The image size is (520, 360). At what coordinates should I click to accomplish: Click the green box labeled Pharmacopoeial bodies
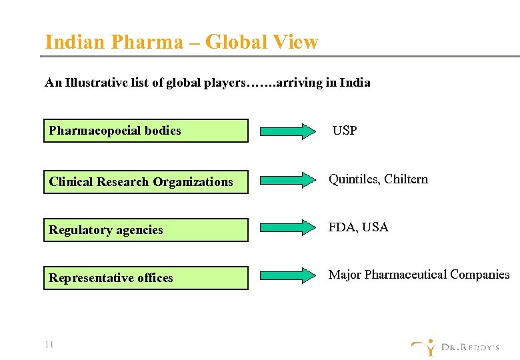tap(145, 131)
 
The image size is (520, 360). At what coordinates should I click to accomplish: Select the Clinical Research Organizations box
tap(145, 181)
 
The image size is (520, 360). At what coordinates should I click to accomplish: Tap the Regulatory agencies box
tap(145, 229)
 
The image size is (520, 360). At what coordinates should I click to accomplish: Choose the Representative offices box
tap(145, 277)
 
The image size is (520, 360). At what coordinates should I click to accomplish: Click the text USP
tap(344, 131)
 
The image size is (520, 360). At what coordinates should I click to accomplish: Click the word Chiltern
tap(406, 179)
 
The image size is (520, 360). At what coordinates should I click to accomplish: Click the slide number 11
tap(49, 345)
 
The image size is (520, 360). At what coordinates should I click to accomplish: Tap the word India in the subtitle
tap(355, 83)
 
